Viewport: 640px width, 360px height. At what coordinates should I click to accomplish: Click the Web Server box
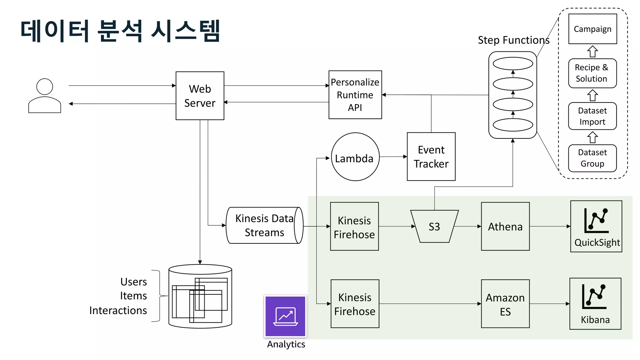pyautogui.click(x=200, y=96)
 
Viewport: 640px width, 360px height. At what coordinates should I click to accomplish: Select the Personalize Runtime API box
pyautogui.click(x=355, y=95)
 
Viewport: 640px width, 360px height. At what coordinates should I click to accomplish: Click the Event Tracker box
pyautogui.click(x=431, y=157)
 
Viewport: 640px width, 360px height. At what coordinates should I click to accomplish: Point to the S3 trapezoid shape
pyautogui.click(x=434, y=227)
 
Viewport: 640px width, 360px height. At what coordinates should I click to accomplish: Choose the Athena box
pyautogui.click(x=505, y=227)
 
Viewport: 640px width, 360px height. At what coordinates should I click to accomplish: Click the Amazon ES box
pyautogui.click(x=505, y=304)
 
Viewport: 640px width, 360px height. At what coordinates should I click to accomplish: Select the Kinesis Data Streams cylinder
pyautogui.click(x=264, y=225)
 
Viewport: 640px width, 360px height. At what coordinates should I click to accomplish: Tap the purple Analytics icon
pyautogui.click(x=285, y=316)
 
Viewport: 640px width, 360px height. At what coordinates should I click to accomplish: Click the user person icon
pyautogui.click(x=45, y=96)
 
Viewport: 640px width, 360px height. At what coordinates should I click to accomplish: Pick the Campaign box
pyautogui.click(x=592, y=29)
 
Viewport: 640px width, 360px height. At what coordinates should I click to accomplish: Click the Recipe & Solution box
pyautogui.click(x=592, y=73)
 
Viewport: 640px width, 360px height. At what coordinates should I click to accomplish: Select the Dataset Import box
pyautogui.click(x=592, y=116)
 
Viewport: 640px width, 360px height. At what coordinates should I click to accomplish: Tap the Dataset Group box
pyautogui.click(x=592, y=158)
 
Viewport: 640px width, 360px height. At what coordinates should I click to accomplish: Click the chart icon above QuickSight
pyautogui.click(x=596, y=221)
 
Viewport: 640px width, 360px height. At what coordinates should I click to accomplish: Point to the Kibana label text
pyautogui.click(x=595, y=320)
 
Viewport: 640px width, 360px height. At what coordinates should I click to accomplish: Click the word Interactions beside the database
pyautogui.click(x=118, y=310)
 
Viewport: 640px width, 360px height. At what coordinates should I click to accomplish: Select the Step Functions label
pyautogui.click(x=513, y=40)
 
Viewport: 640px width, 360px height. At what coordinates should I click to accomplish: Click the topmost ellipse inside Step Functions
pyautogui.click(x=513, y=63)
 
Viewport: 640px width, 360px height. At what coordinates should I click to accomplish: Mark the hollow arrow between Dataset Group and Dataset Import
pyautogui.click(x=592, y=137)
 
